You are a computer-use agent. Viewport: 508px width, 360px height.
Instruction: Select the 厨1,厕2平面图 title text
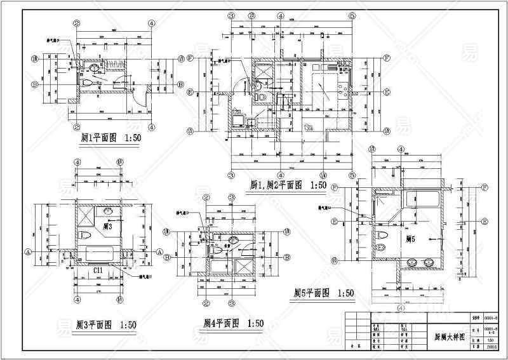coord(288,185)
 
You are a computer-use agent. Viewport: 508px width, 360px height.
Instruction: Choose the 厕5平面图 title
coord(323,293)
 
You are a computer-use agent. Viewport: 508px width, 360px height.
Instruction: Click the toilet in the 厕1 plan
coord(89,82)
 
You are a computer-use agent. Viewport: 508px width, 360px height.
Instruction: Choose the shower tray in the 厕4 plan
coord(244,267)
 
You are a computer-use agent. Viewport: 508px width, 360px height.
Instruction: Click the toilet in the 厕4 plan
coord(217,251)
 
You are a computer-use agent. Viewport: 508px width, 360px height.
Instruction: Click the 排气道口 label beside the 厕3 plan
coord(147,277)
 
